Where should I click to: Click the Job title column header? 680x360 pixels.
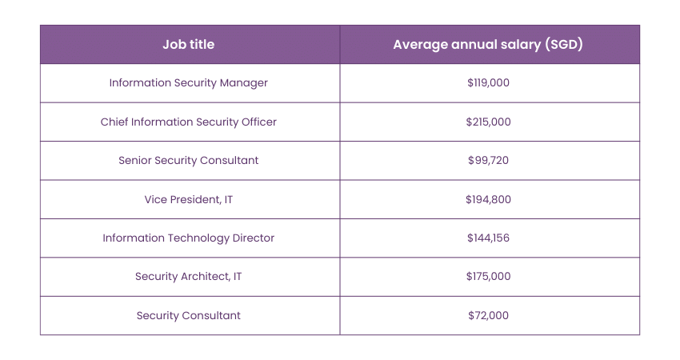(x=188, y=45)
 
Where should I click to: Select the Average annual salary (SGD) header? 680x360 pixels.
(x=487, y=45)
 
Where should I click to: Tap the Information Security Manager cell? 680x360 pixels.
(x=188, y=83)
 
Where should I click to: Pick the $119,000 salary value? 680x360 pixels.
(x=488, y=83)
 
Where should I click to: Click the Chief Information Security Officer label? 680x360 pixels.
(x=188, y=122)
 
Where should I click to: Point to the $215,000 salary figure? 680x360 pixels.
(x=488, y=122)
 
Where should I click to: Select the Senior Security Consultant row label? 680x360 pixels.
(x=188, y=161)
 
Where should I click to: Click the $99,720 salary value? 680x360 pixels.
(x=488, y=161)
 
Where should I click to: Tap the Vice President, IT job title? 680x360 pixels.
(x=188, y=199)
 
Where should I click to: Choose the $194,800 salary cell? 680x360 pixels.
(x=488, y=199)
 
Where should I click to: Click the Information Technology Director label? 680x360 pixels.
(x=188, y=238)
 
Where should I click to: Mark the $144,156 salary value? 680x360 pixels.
(x=488, y=238)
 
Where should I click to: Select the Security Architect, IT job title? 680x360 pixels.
(x=188, y=277)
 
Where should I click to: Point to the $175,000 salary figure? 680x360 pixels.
(x=488, y=277)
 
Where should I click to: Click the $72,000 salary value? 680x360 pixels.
(x=488, y=315)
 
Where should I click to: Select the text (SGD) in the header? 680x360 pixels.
(x=562, y=45)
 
